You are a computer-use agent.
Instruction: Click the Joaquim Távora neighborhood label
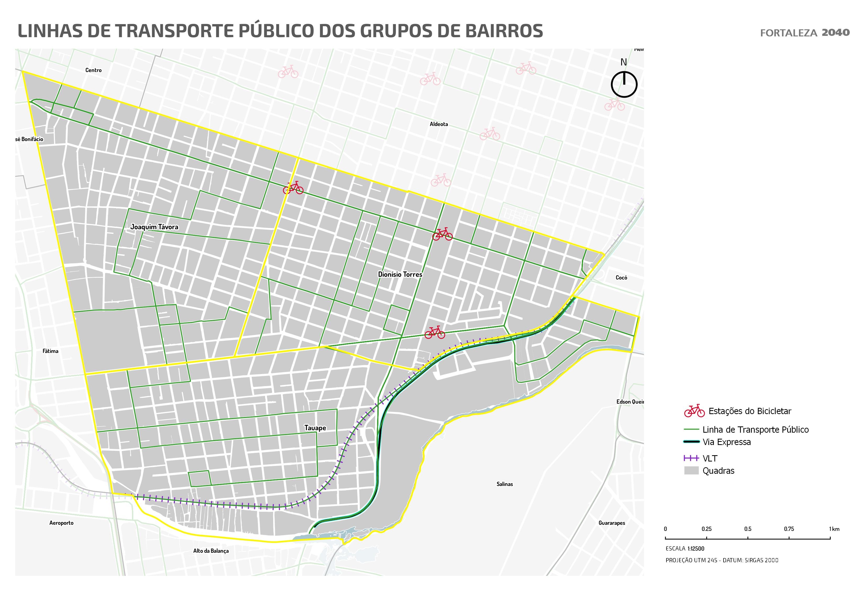(154, 227)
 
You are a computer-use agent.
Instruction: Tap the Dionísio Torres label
(400, 275)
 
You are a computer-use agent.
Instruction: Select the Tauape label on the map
(315, 428)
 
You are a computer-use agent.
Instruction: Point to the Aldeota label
(439, 124)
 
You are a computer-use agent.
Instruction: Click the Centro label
(93, 70)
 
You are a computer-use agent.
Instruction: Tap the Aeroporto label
(62, 523)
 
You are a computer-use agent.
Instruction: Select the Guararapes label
(611, 523)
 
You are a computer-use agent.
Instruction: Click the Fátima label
(51, 351)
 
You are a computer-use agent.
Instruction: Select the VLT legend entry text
(710, 459)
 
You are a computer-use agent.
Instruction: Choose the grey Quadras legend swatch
(691, 471)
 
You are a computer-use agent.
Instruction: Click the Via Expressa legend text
(726, 442)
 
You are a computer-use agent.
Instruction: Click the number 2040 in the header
(835, 33)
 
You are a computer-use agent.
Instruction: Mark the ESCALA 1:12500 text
(685, 549)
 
